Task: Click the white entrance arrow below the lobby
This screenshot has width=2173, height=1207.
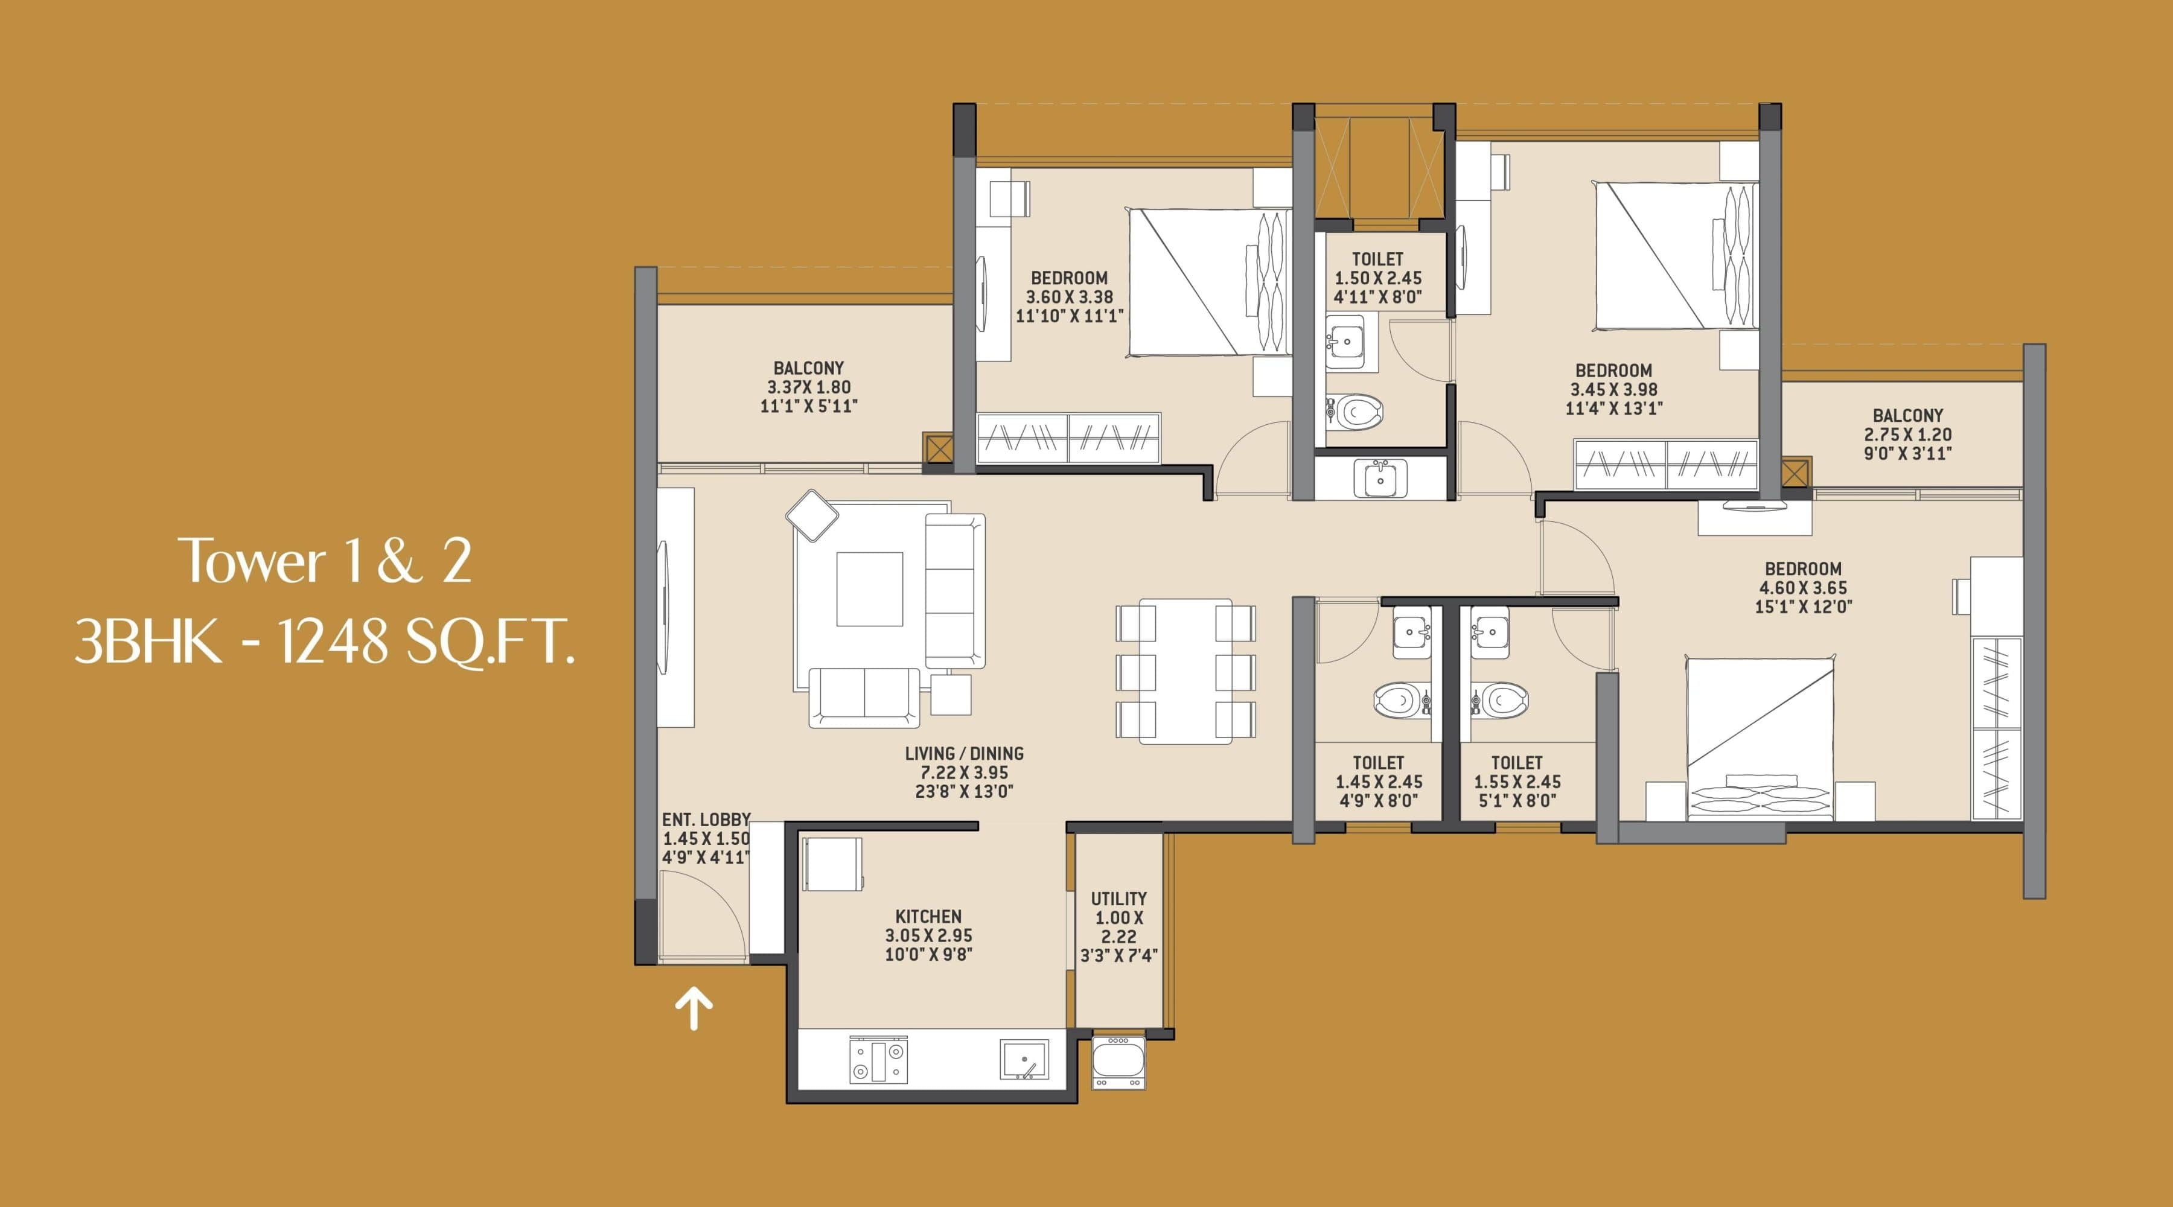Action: point(694,1009)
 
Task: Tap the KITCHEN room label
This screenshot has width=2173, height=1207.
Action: point(928,916)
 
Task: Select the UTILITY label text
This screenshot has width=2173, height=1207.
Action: point(1118,898)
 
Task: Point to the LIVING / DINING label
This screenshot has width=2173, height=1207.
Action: point(963,753)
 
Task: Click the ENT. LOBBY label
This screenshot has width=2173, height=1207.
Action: point(705,819)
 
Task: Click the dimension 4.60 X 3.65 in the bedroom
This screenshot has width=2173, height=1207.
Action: point(1802,588)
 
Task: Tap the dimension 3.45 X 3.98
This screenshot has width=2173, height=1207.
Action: point(1613,390)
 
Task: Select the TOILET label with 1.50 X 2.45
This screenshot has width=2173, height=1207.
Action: point(1377,259)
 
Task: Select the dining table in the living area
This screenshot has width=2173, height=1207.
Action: point(1185,672)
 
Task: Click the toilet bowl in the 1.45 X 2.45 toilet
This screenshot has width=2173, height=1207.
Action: point(1396,699)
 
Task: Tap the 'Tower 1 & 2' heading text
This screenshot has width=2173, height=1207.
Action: point(325,561)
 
